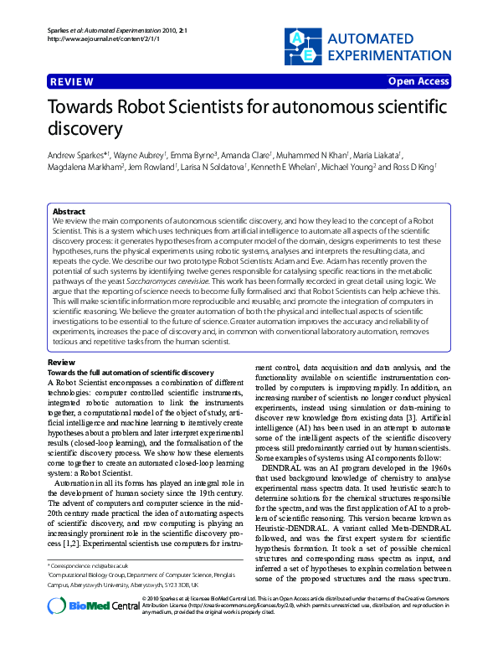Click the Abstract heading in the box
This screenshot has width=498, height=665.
[69, 212]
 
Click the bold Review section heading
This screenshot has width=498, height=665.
[61, 362]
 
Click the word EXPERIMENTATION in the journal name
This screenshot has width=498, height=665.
[389, 54]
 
